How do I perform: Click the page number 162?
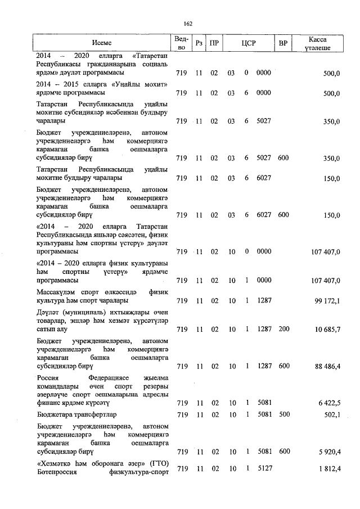click(188, 23)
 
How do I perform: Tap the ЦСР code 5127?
click(263, 469)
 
